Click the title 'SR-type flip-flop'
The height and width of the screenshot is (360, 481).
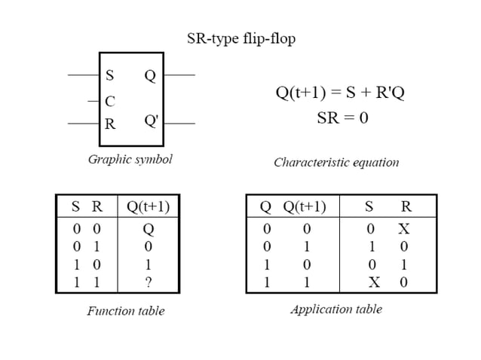(x=240, y=38)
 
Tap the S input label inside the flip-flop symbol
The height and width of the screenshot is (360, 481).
(x=110, y=75)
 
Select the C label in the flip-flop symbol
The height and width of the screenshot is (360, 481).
(x=110, y=101)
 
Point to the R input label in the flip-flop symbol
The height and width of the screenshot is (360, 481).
(x=110, y=124)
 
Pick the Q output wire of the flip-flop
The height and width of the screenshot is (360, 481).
(x=179, y=75)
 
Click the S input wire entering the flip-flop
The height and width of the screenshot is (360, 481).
(x=83, y=75)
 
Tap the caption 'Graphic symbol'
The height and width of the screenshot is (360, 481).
(x=130, y=159)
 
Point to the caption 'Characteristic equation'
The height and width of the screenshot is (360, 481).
(x=336, y=162)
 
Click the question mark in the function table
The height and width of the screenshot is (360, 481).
(x=149, y=283)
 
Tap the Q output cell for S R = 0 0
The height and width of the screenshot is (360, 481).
(x=149, y=227)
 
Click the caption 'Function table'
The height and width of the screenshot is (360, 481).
(x=125, y=310)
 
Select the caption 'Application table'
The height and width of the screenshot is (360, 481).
(x=336, y=309)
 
